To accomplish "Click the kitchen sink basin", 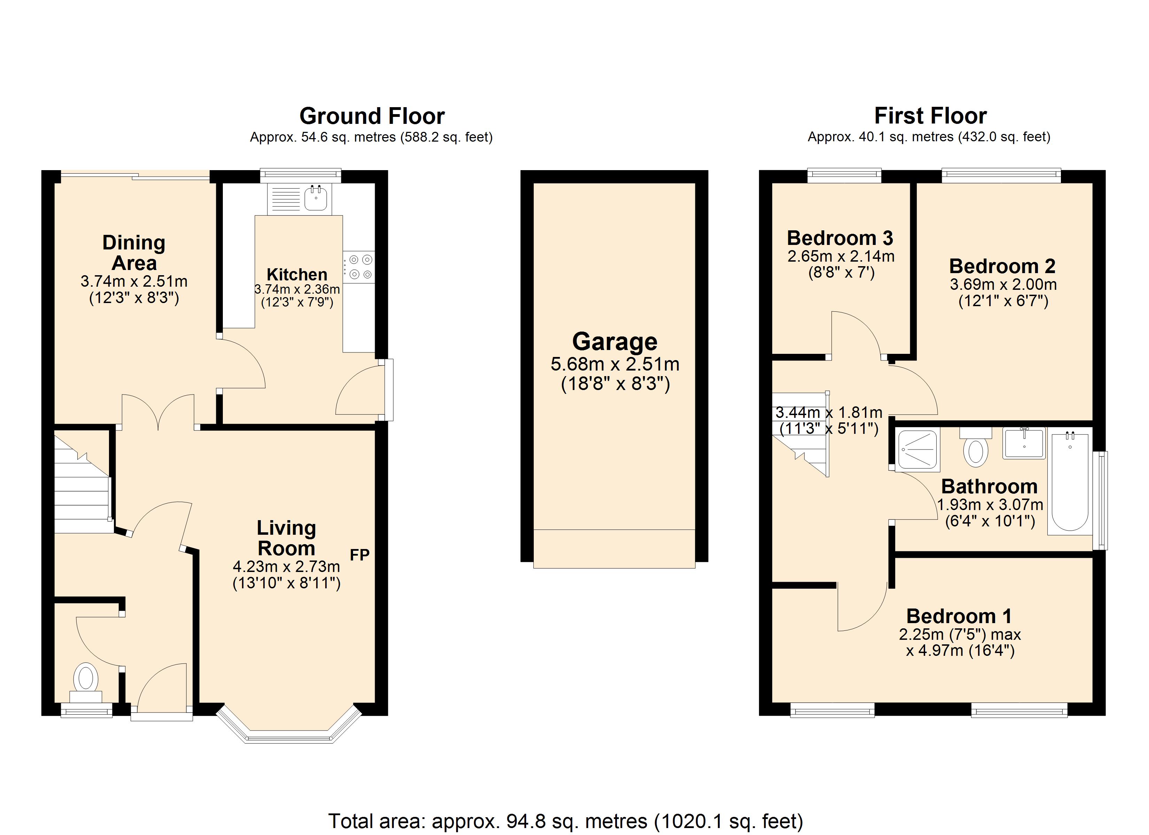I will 316,199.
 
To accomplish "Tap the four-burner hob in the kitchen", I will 359,267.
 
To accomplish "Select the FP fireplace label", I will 360,555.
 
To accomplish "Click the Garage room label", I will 615,341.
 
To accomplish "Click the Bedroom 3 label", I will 840,238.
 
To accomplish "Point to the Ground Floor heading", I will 372,116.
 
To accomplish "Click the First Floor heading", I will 930,116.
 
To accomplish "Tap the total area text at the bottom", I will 565,821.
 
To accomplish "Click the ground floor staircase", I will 81,486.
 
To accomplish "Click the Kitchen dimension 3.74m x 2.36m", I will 297,289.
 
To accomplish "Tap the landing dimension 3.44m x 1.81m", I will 829,413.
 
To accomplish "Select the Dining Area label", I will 134,253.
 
